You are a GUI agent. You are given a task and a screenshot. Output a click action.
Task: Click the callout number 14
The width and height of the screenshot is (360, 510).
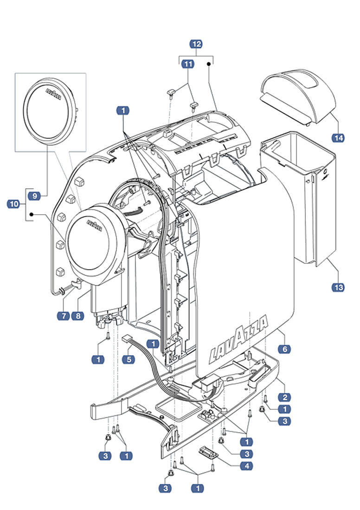(x=338, y=138)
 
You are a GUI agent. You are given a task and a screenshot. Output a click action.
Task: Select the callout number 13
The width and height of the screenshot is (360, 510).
(x=339, y=287)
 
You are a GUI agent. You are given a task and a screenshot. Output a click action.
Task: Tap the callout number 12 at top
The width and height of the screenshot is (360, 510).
(x=197, y=44)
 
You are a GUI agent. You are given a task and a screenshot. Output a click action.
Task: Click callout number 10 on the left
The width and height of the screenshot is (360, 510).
(x=14, y=204)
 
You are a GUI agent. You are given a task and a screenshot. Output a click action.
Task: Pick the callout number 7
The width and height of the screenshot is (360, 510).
(x=63, y=316)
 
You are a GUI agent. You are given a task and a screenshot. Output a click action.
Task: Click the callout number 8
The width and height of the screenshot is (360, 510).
(x=77, y=316)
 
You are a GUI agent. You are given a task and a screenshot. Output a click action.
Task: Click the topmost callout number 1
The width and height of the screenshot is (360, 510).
(x=123, y=111)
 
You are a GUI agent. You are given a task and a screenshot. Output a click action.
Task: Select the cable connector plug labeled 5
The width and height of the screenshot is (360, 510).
(x=128, y=340)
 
